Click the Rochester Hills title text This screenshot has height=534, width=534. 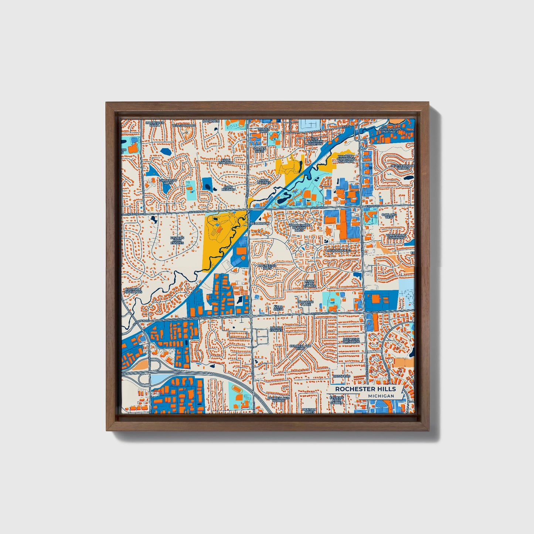point(365,389)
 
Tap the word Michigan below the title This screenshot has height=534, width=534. point(381,396)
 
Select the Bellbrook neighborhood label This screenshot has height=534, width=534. point(260,224)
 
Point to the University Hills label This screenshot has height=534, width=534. point(169,181)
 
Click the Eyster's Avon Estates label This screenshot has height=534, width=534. point(177,240)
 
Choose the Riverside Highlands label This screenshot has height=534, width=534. point(133,290)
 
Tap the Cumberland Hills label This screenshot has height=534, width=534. point(300,347)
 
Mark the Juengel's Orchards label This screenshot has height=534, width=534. point(351,340)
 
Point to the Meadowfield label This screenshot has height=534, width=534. point(339,251)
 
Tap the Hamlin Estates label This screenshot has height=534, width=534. point(276,329)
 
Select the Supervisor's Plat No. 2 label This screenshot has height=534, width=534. point(389,130)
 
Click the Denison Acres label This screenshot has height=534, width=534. point(309,411)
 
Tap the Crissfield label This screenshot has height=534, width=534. point(341,376)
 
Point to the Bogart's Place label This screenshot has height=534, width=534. point(306,303)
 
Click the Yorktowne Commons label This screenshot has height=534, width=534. point(395,236)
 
